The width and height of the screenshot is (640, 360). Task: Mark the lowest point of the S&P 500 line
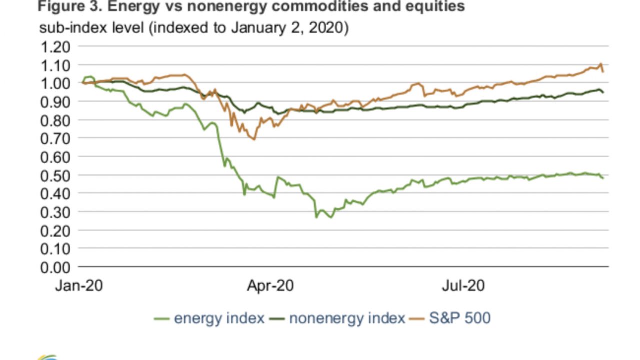click(253, 139)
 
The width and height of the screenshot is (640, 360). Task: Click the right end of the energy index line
click(603, 178)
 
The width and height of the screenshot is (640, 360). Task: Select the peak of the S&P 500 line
click(600, 64)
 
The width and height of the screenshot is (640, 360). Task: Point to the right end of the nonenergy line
click(603, 93)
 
